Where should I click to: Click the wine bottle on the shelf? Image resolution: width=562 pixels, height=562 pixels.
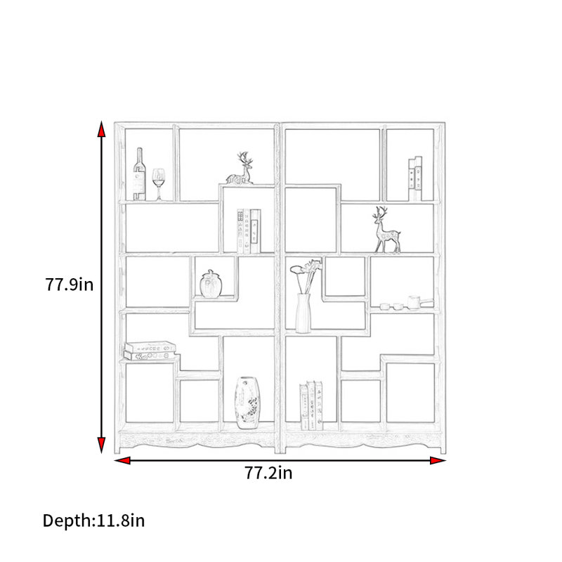(139, 174)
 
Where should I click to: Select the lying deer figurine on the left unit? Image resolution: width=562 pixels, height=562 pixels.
(240, 169)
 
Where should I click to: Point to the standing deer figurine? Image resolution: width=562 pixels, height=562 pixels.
(386, 230)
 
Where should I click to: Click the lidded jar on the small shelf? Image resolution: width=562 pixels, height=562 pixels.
(211, 284)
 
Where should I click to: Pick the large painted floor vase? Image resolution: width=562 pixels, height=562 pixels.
(248, 403)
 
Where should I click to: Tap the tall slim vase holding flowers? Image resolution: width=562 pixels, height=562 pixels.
(303, 313)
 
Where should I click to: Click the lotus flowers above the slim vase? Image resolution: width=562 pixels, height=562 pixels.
(306, 276)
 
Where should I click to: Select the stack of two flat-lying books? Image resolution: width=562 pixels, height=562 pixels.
(150, 351)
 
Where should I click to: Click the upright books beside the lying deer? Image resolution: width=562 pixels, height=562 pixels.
(249, 231)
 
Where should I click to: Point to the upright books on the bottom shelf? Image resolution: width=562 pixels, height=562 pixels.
(311, 405)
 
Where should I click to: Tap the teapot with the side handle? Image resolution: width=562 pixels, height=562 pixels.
(419, 302)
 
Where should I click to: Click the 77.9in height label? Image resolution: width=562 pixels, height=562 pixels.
(69, 285)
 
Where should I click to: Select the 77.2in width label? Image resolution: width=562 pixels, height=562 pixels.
(268, 473)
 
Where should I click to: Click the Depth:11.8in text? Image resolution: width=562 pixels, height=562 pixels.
(93, 521)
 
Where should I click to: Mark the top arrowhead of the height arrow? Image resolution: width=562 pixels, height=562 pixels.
(101, 129)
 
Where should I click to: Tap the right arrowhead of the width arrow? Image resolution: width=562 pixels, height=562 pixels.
(438, 461)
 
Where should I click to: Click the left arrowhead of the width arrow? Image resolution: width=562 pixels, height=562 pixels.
(122, 461)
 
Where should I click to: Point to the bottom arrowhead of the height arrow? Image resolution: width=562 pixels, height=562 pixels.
(101, 445)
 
